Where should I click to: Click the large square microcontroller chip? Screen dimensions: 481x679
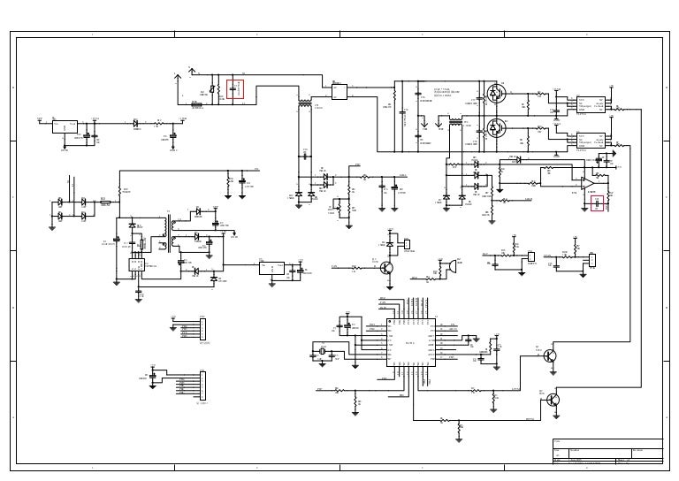pos(409,346)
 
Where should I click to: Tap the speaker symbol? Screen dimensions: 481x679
pos(448,265)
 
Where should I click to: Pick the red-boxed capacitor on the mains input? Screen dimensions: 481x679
pos(235,91)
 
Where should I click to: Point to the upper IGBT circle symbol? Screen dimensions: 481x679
pos(496,92)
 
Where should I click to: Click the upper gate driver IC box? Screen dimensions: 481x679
pos(590,104)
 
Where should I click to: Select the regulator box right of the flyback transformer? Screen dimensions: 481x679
pos(272,268)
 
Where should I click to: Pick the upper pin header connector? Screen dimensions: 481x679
pos(202,328)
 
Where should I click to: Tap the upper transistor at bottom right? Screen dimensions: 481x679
pos(552,356)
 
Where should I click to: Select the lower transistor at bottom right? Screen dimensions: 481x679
pos(553,399)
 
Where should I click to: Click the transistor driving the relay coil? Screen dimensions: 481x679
pos(388,266)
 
